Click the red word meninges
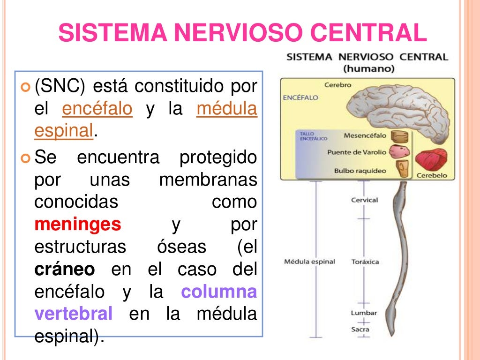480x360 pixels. coord(78,225)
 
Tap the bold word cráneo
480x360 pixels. coord(65,270)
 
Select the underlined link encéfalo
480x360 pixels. coord(97,109)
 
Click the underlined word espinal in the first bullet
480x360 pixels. coord(64,132)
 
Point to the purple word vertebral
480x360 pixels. coord(74,314)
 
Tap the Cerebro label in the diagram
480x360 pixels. coord(337,85)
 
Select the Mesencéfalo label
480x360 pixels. coord(365,136)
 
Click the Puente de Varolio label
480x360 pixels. coord(357,152)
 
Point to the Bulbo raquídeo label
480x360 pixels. coord(360,171)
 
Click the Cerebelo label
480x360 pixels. coord(432,175)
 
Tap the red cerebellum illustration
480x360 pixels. coord(432,161)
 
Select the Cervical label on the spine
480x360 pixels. coord(364,200)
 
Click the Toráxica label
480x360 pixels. coord(365,262)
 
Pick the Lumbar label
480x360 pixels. coord(364,313)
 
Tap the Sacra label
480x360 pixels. coord(360,329)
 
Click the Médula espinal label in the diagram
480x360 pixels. coord(309,262)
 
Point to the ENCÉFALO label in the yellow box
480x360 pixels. coord(300,97)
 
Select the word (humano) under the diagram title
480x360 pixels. coord(368,68)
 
